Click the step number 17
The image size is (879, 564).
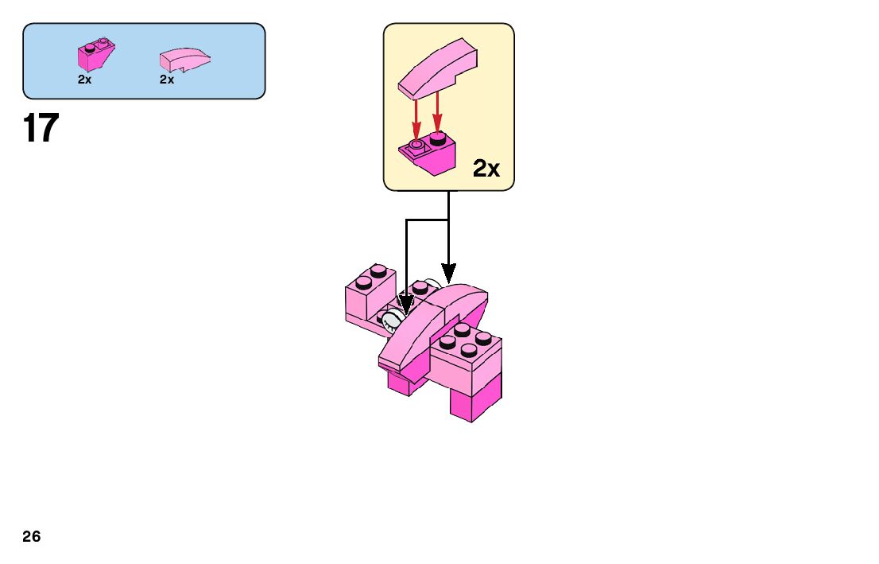pos(41,128)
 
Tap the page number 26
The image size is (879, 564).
pos(32,537)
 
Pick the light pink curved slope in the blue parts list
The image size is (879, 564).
pos(184,60)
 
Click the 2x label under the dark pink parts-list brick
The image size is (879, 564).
pos(85,80)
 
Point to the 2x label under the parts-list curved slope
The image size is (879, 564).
pos(167,80)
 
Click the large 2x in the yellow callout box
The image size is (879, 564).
pos(486,169)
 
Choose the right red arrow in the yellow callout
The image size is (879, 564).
pos(437,115)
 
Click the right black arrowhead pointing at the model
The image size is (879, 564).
pos(448,275)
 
